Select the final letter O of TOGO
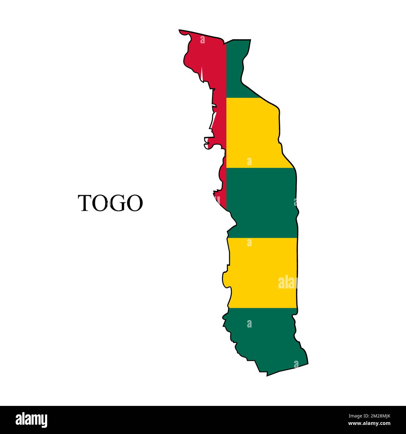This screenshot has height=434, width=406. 134,203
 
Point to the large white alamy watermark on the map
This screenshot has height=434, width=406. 287,283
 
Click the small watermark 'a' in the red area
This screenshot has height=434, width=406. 202,40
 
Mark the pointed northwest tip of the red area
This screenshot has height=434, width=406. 180,31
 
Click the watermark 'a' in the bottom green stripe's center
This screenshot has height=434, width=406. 249,324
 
